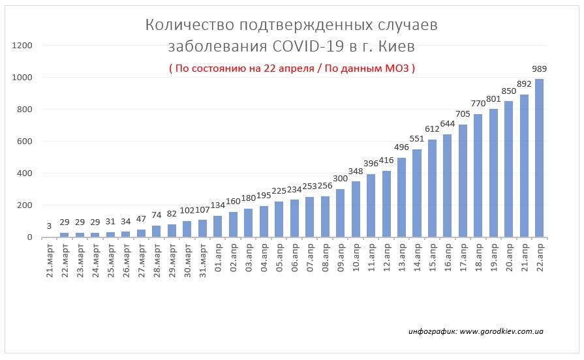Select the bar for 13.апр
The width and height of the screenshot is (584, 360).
[401, 198]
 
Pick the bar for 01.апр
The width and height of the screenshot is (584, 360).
[217, 226]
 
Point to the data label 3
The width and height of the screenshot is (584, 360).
[49, 226]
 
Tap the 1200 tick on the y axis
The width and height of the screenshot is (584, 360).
[23, 46]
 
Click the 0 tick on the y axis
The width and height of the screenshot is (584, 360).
[29, 237]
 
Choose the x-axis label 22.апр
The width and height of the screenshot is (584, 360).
[540, 260]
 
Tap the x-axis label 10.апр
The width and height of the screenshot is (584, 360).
[356, 260]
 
